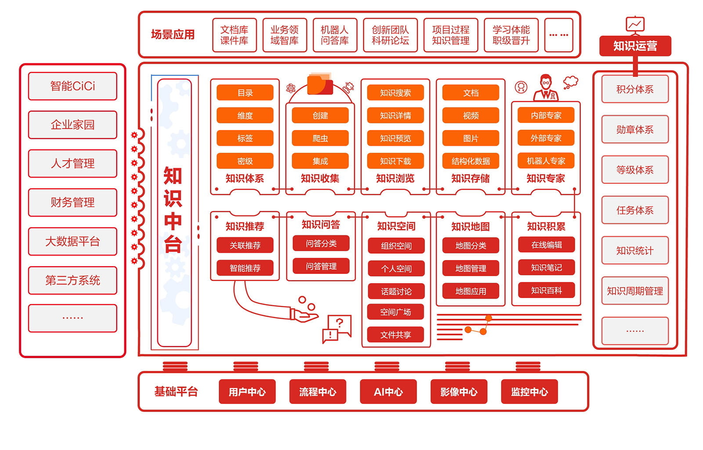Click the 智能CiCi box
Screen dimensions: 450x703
(x=72, y=86)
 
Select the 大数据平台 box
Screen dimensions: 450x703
(x=72, y=241)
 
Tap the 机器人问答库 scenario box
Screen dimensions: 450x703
(x=335, y=35)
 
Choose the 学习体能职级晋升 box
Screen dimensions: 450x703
(x=511, y=35)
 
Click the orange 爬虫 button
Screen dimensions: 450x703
(x=320, y=138)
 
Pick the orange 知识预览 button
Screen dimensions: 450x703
(x=395, y=138)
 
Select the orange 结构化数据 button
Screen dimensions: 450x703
(x=471, y=161)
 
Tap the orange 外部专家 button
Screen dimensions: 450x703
(x=546, y=138)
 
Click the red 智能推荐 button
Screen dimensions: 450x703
(x=245, y=268)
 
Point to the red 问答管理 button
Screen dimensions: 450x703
(x=321, y=266)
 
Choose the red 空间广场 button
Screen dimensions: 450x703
(x=395, y=312)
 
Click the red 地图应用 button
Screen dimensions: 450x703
(x=471, y=291)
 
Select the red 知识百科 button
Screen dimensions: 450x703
(x=546, y=290)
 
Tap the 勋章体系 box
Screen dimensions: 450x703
(x=634, y=130)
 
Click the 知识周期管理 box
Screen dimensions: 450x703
(x=634, y=291)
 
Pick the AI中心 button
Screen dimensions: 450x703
(x=388, y=392)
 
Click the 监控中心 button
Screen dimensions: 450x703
(x=529, y=392)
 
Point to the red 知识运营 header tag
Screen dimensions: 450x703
(x=635, y=46)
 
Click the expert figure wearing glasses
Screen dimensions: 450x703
(x=546, y=88)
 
